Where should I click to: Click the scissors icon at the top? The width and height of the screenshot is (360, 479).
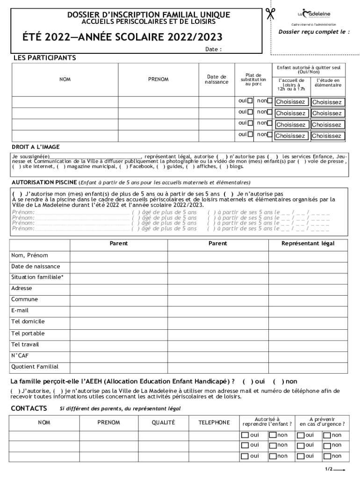click(x=270, y=14)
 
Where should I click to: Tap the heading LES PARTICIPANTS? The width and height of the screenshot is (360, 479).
click(x=45, y=58)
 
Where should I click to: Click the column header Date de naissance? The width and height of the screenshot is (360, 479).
click(x=216, y=80)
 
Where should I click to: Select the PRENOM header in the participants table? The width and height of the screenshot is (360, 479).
click(x=158, y=80)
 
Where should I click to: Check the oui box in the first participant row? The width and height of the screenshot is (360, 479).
click(x=250, y=101)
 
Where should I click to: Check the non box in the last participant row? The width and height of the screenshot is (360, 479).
click(x=269, y=135)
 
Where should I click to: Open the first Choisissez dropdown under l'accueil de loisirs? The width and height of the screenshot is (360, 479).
click(x=290, y=102)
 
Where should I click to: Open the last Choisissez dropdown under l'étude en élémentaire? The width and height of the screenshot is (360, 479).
click(x=327, y=136)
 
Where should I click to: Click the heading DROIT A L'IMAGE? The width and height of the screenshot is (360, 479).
click(x=36, y=147)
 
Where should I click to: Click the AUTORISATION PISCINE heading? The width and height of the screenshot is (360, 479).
click(x=44, y=182)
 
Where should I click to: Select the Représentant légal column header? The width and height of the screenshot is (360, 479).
click(x=308, y=244)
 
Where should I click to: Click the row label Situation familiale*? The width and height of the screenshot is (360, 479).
click(x=37, y=277)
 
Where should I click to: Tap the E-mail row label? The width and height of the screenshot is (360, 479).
click(x=20, y=311)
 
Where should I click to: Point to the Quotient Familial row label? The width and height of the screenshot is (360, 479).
click(x=35, y=367)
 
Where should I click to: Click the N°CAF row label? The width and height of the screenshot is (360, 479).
click(x=20, y=356)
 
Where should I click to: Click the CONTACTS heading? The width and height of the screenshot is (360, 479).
click(x=29, y=408)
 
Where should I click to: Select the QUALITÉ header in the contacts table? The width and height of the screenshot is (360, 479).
click(x=163, y=422)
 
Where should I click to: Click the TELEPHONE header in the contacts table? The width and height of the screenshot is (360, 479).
click(x=214, y=422)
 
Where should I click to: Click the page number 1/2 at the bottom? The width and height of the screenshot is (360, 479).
click(x=329, y=469)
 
